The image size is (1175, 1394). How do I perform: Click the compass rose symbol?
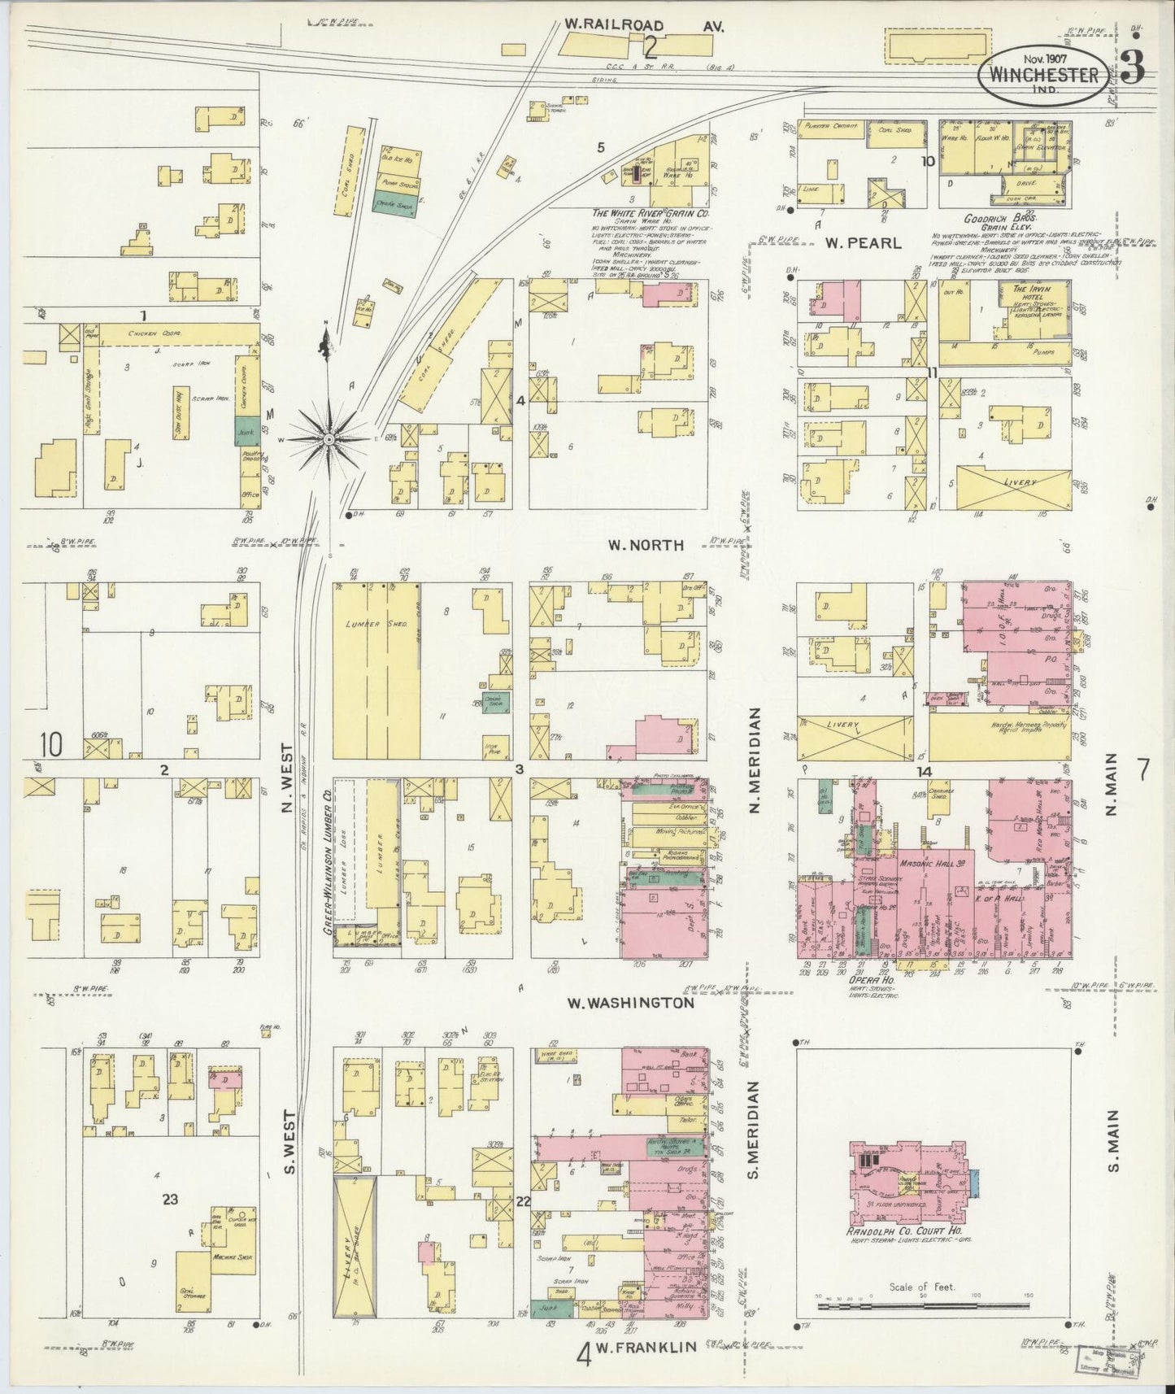329,439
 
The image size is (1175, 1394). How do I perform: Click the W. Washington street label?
631,1003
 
